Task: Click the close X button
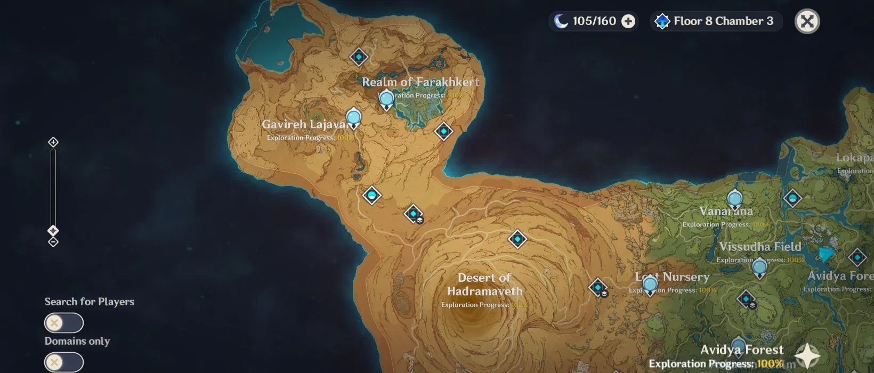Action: (807, 21)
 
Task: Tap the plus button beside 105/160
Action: (629, 21)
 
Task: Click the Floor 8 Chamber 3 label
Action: (723, 21)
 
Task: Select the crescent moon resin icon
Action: (561, 21)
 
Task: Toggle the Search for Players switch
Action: (64, 323)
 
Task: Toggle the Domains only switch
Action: (64, 362)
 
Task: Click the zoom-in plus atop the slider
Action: (53, 142)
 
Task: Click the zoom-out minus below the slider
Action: (53, 242)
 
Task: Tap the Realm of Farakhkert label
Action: (420, 82)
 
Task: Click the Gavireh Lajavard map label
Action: (304, 124)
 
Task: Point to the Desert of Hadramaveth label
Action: (484, 285)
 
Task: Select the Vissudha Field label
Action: (760, 247)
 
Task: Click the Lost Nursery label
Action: (673, 277)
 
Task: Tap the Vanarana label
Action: (726, 212)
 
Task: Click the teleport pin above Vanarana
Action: (735, 200)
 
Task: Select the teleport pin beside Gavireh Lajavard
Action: (353, 117)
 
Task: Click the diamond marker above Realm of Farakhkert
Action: (359, 56)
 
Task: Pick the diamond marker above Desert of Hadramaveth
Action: (517, 239)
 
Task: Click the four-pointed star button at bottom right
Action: (807, 356)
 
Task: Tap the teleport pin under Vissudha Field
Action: (759, 267)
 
